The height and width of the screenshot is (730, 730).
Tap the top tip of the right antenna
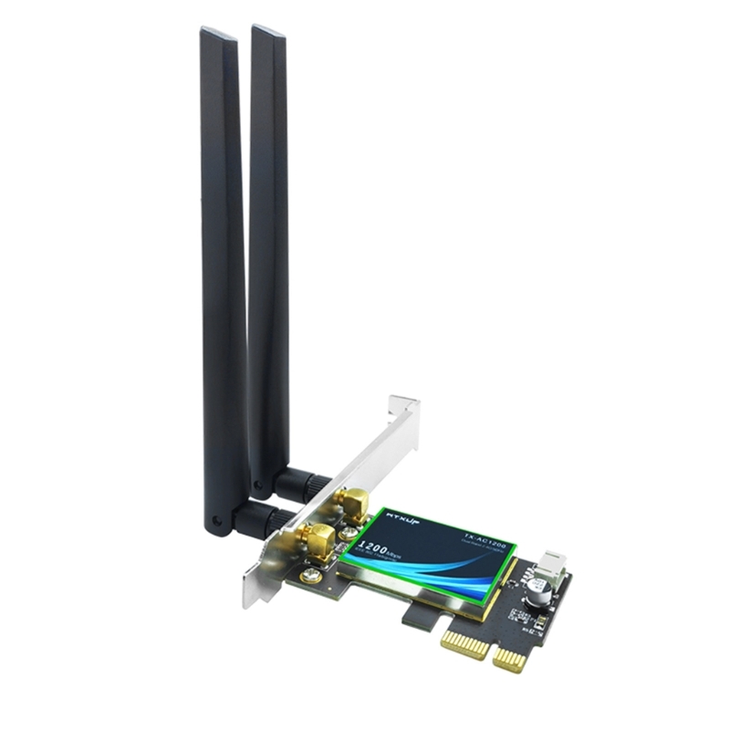tap(268, 31)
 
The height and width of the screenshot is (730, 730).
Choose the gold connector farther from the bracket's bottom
tap(351, 501)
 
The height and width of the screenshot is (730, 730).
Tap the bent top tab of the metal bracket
tap(402, 407)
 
